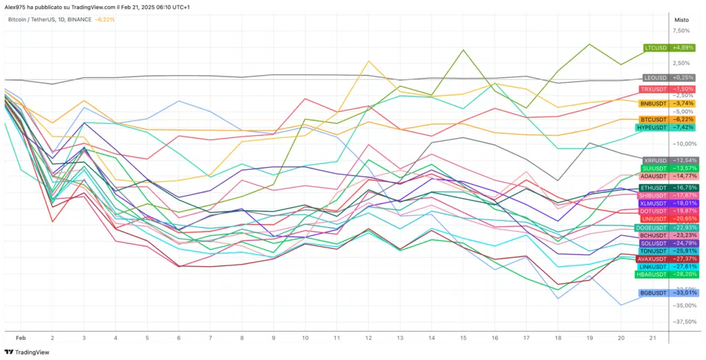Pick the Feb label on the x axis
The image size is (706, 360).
21,338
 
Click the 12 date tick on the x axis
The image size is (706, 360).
369,338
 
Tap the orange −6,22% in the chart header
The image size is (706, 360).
105,20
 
